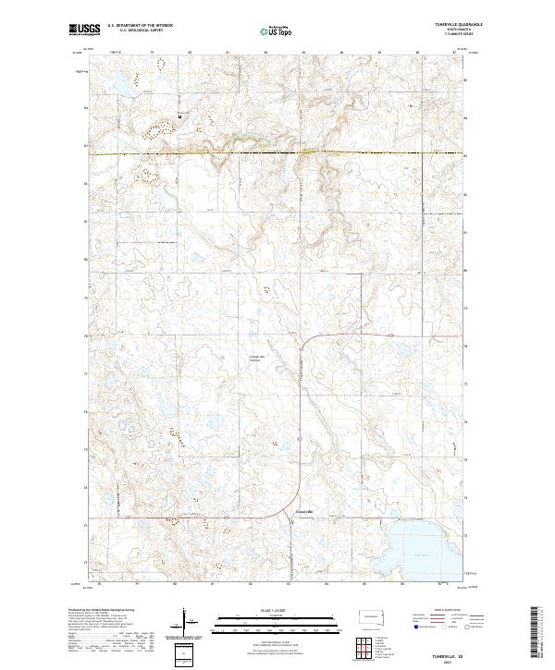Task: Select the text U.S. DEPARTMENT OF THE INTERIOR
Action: coord(140,25)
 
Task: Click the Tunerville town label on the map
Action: coord(304,511)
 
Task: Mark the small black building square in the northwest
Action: coord(179,116)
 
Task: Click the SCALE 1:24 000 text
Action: coord(277,611)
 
